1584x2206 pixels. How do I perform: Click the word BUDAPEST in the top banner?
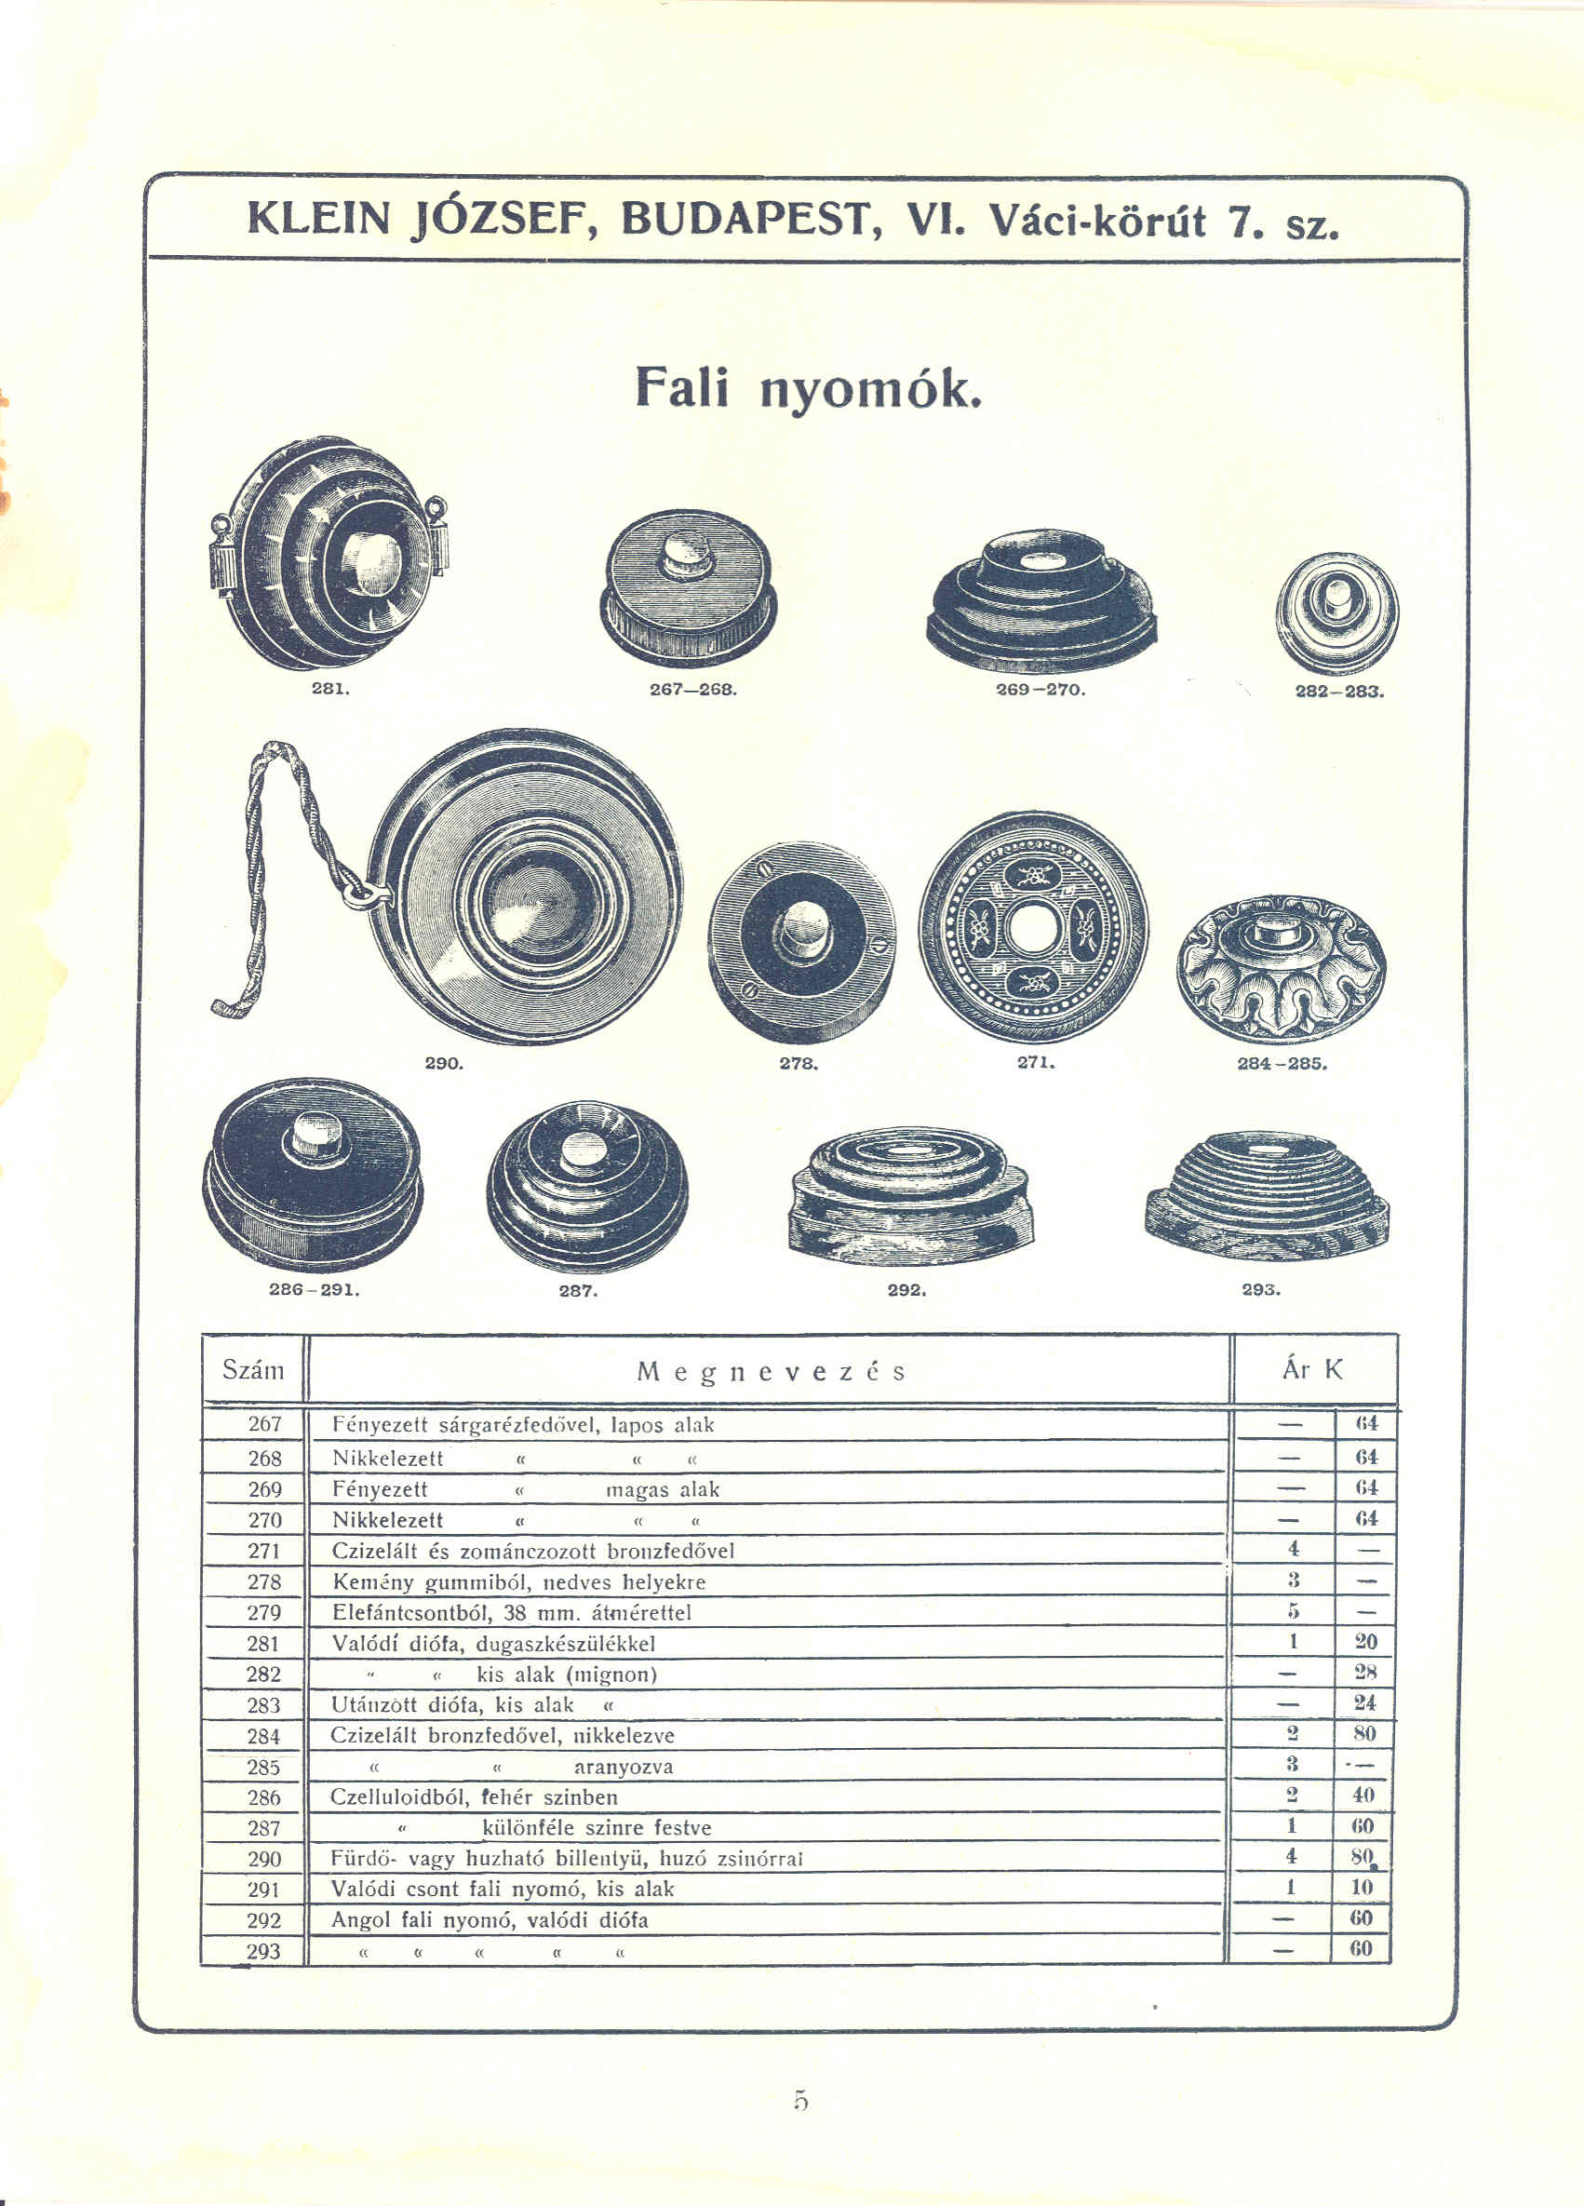tap(744, 219)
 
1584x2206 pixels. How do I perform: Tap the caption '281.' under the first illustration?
tap(329, 689)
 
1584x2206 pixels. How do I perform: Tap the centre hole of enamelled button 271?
tap(1033, 929)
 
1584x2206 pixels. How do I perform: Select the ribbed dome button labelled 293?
tap(1267, 1195)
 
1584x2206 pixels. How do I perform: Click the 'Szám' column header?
tap(253, 1370)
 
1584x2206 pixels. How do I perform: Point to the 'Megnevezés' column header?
tap(772, 1372)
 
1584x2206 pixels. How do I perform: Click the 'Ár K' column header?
tap(1312, 1369)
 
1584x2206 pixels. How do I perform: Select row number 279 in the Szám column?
tap(264, 1613)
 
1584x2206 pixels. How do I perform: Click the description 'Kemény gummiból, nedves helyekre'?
tap(518, 1582)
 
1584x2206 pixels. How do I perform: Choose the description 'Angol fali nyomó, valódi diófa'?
tap(490, 1921)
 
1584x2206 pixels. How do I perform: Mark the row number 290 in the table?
tap(264, 1859)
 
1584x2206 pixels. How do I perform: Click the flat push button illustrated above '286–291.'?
tap(313, 1174)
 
